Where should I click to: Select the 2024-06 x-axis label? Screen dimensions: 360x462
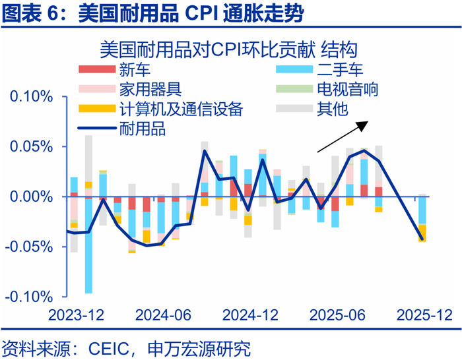[x=158, y=315]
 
